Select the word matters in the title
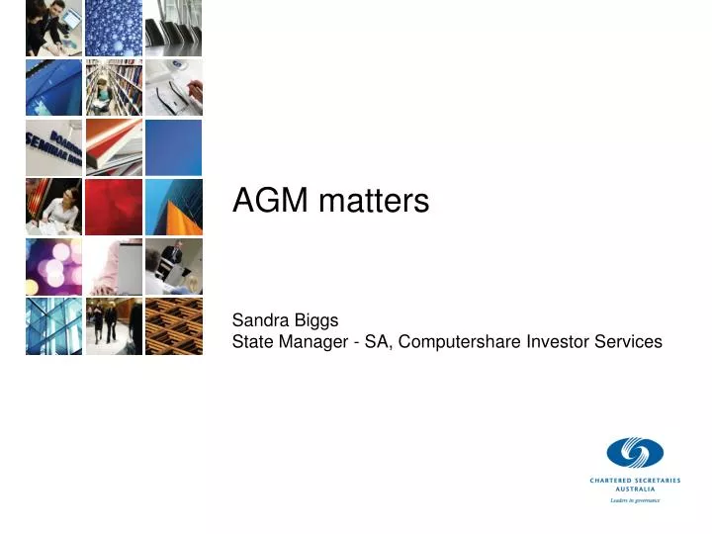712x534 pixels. coord(374,202)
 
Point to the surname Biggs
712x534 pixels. coord(317,320)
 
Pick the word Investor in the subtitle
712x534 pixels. coord(561,342)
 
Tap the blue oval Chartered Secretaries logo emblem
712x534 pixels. coord(634,454)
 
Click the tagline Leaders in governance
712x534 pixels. coord(634,500)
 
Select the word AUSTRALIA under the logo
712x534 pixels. coord(634,489)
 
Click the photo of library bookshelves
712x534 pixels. coord(114,87)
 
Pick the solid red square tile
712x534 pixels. coord(114,207)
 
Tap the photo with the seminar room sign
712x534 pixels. coord(53,147)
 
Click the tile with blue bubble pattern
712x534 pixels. coord(114,28)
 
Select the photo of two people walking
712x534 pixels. coord(114,325)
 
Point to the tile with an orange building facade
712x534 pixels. coord(174,207)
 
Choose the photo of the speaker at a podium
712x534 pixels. coord(174,266)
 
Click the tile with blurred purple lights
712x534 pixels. coord(53,266)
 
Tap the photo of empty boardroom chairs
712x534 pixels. coord(174,28)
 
